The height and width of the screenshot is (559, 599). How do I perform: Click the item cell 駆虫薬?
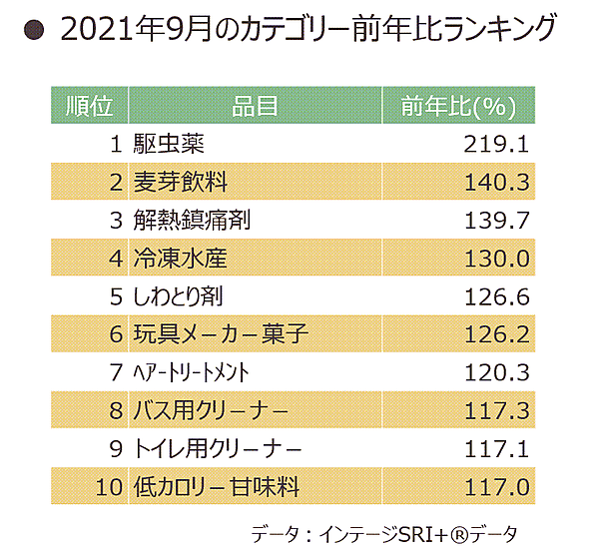(x=169, y=143)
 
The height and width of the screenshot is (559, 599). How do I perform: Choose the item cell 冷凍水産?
(x=181, y=259)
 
